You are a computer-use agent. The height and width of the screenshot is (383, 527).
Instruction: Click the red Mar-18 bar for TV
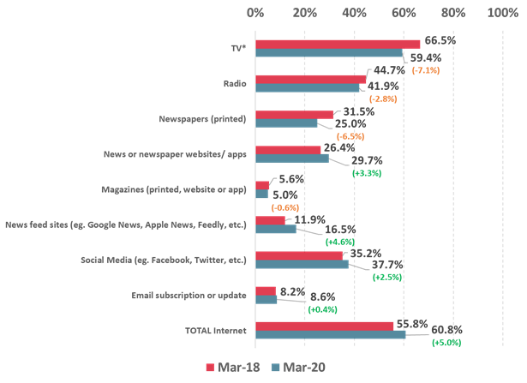coord(338,44)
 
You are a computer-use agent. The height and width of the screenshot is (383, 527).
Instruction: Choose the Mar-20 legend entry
coord(294,368)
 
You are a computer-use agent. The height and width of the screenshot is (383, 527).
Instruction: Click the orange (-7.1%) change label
coord(426,70)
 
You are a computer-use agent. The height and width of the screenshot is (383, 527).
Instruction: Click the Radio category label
coord(233,84)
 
